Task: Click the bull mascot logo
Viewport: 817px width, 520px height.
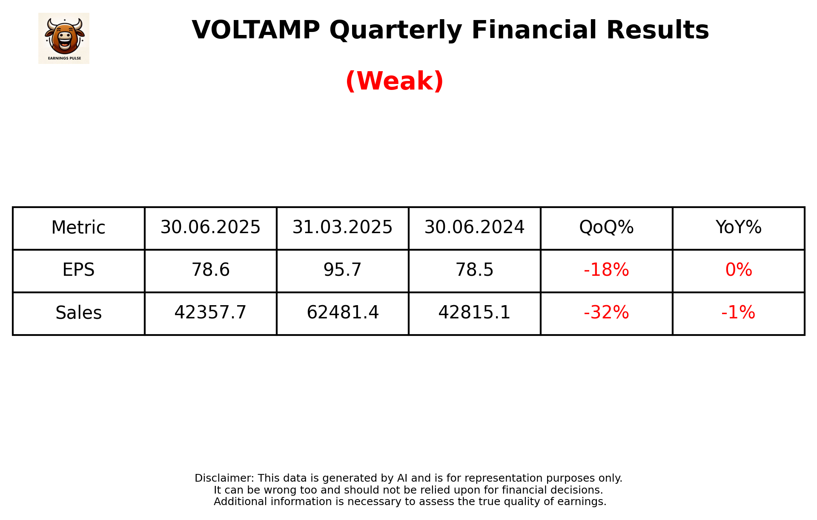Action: click(64, 38)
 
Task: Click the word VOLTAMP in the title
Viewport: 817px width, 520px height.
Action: click(255, 30)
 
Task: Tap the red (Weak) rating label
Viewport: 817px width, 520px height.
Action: click(394, 81)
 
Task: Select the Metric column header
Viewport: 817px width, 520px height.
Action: click(78, 228)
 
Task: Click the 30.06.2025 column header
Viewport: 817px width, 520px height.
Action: click(210, 228)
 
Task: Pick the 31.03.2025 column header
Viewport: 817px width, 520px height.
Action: click(342, 228)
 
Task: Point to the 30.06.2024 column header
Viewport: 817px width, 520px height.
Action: click(474, 228)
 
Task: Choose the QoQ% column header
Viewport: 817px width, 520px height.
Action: click(606, 228)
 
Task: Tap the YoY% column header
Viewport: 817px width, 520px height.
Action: click(738, 228)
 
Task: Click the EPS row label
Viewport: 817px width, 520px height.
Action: click(78, 270)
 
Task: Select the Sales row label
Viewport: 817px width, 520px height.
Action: click(78, 313)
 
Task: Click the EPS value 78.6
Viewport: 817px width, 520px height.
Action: click(210, 270)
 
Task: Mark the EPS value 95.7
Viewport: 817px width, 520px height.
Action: click(342, 270)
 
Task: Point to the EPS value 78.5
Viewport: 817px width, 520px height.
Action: click(474, 270)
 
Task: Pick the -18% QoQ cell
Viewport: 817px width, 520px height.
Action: click(606, 270)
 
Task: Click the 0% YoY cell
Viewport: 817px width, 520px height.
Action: click(738, 270)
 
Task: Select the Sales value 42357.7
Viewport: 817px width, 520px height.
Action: click(210, 313)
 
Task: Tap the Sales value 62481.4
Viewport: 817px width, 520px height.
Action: click(342, 313)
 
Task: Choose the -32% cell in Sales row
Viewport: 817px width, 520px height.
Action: click(606, 313)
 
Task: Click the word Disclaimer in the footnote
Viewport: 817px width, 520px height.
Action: click(224, 478)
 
